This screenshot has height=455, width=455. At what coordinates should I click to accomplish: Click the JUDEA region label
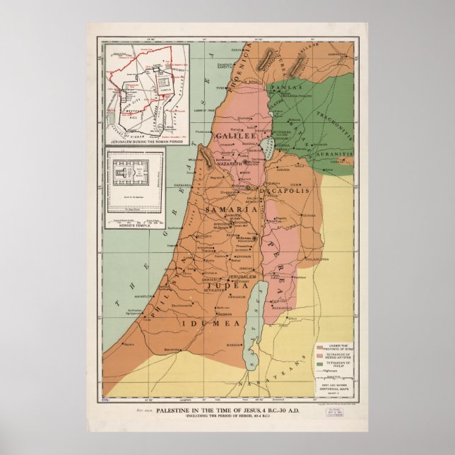coord(225,286)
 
